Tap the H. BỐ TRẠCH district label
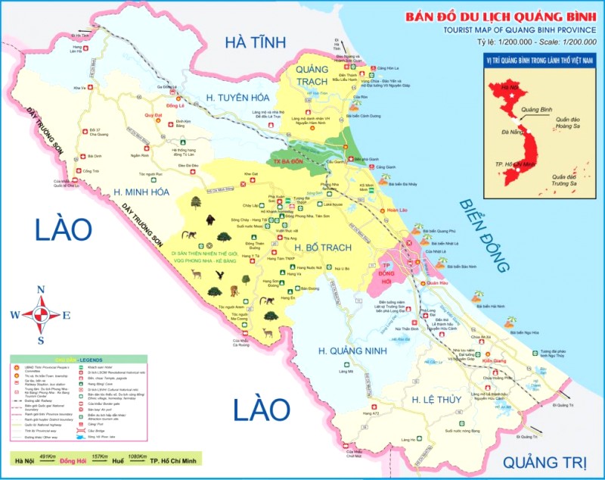(x=320, y=248)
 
